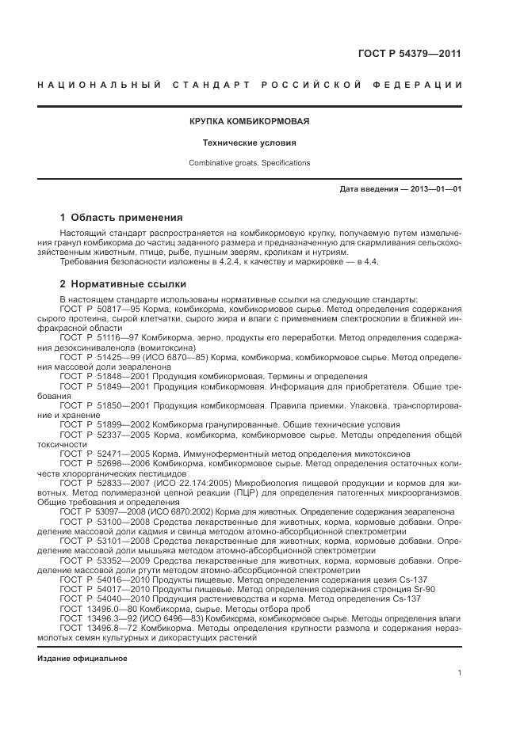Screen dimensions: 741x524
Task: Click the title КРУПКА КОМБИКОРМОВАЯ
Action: tap(249, 122)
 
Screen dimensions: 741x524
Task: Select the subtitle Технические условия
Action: tap(249, 143)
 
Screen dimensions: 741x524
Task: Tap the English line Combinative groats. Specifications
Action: tap(249, 163)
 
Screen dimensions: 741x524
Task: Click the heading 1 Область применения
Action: tap(121, 217)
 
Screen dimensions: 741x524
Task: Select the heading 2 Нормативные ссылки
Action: tap(123, 283)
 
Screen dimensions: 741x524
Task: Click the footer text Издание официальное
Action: tap(82, 659)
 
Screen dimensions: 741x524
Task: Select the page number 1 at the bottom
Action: tap(460, 673)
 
